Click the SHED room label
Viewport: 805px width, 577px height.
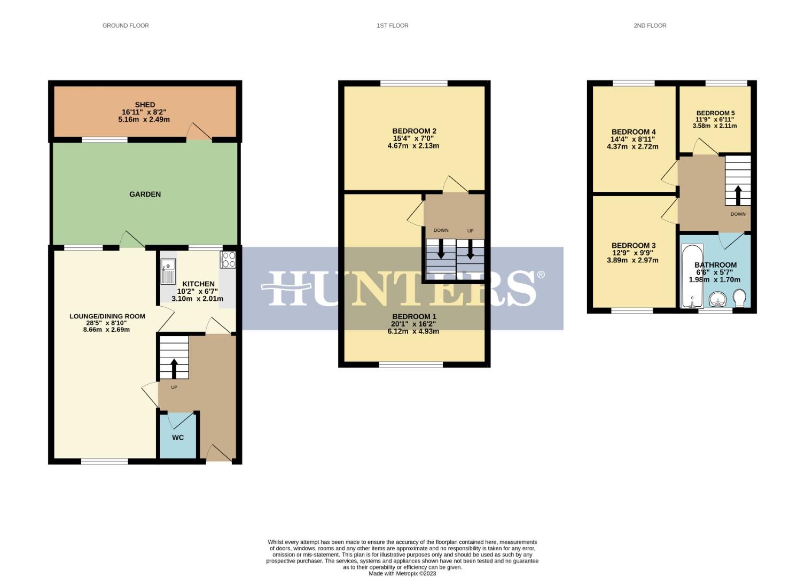[x=145, y=105]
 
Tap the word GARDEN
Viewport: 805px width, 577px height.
[x=145, y=194]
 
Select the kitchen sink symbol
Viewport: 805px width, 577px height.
[x=168, y=271]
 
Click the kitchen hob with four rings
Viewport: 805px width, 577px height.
[x=228, y=260]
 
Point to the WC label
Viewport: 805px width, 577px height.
[x=178, y=438]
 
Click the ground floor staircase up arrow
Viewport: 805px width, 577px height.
[x=174, y=368]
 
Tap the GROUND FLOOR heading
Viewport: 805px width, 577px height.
[x=126, y=26]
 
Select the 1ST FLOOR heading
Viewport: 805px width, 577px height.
[x=392, y=26]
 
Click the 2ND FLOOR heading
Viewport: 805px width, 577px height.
[x=650, y=26]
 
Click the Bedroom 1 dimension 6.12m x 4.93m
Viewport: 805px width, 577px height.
[x=413, y=331]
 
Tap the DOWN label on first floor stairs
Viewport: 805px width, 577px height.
[x=441, y=231]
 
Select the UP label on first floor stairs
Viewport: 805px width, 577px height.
[x=470, y=231]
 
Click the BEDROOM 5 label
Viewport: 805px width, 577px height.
[x=715, y=113]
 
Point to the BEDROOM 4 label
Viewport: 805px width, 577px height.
[x=633, y=132]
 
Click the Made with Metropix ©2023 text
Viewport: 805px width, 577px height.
[x=402, y=573]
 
